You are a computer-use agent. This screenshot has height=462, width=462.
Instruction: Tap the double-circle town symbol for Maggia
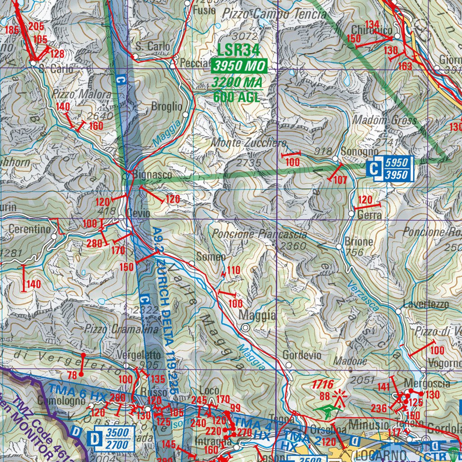(x=245, y=328)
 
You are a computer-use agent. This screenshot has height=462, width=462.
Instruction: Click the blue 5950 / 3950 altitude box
(x=396, y=169)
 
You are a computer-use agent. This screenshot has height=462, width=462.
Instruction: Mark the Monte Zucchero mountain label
(x=249, y=143)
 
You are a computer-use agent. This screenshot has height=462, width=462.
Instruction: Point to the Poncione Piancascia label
(x=259, y=234)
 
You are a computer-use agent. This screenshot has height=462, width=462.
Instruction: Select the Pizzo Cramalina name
(x=122, y=330)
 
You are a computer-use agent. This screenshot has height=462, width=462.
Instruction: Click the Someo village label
(x=213, y=257)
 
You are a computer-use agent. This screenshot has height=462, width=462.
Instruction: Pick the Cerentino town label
(x=30, y=229)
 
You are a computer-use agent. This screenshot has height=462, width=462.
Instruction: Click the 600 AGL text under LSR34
(x=236, y=97)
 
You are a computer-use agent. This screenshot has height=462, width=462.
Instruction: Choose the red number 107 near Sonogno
(x=340, y=180)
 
